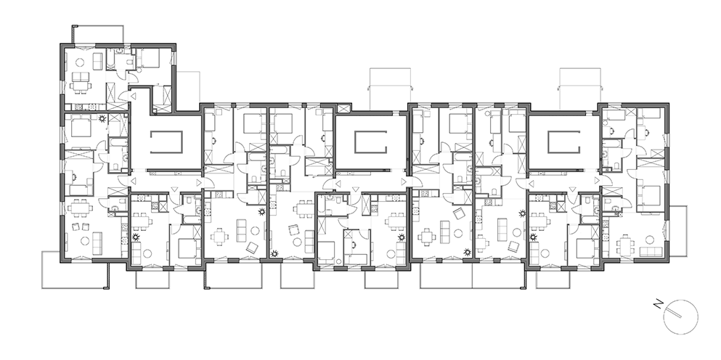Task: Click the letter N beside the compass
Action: pos(659,304)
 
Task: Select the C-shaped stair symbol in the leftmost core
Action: pos(166,142)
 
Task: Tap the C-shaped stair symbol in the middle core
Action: pos(370,142)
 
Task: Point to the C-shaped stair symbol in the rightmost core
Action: pos(563,142)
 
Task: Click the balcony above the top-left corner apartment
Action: pos(97,34)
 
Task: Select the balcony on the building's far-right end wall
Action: pos(678,231)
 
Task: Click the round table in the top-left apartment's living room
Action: pos(80,62)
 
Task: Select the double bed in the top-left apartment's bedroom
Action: pos(148,58)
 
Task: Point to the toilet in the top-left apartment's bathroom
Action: pos(129,61)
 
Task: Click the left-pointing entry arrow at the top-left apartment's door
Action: pos(134,96)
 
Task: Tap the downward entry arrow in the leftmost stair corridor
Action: pos(174,189)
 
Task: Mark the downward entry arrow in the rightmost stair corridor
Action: pos(572,189)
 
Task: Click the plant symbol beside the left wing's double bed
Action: pos(102,118)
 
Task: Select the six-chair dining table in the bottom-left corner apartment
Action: pos(80,208)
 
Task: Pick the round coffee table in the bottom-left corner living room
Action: pos(85,240)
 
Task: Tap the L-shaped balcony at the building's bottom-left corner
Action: pos(73,275)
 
